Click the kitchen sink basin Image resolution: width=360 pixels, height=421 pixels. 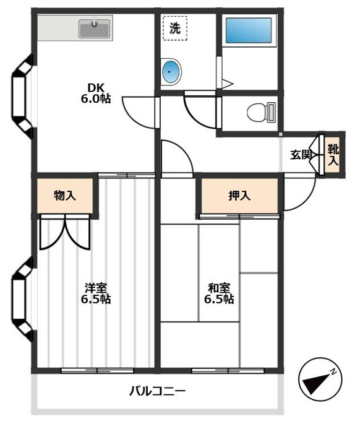point(95,28)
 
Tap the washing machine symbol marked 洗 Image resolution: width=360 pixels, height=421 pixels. point(175,28)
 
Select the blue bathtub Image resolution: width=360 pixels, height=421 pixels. point(249,30)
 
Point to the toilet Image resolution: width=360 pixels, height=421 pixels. point(261,112)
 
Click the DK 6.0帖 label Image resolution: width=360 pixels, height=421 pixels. point(96,93)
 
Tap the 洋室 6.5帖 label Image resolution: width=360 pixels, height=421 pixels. point(96,293)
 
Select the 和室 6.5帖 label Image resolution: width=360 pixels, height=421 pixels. point(219,293)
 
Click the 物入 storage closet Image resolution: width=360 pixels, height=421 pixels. point(65,196)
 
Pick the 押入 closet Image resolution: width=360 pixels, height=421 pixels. point(239,196)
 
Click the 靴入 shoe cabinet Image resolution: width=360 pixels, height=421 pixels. point(333,154)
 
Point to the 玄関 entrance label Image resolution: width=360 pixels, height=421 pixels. point(301,155)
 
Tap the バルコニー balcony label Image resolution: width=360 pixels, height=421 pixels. point(157,391)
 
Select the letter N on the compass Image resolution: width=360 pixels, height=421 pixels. point(333,371)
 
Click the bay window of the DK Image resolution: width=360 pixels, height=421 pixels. point(22,97)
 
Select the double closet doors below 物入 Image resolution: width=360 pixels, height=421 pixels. point(65,232)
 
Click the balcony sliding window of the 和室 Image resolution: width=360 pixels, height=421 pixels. point(228,371)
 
